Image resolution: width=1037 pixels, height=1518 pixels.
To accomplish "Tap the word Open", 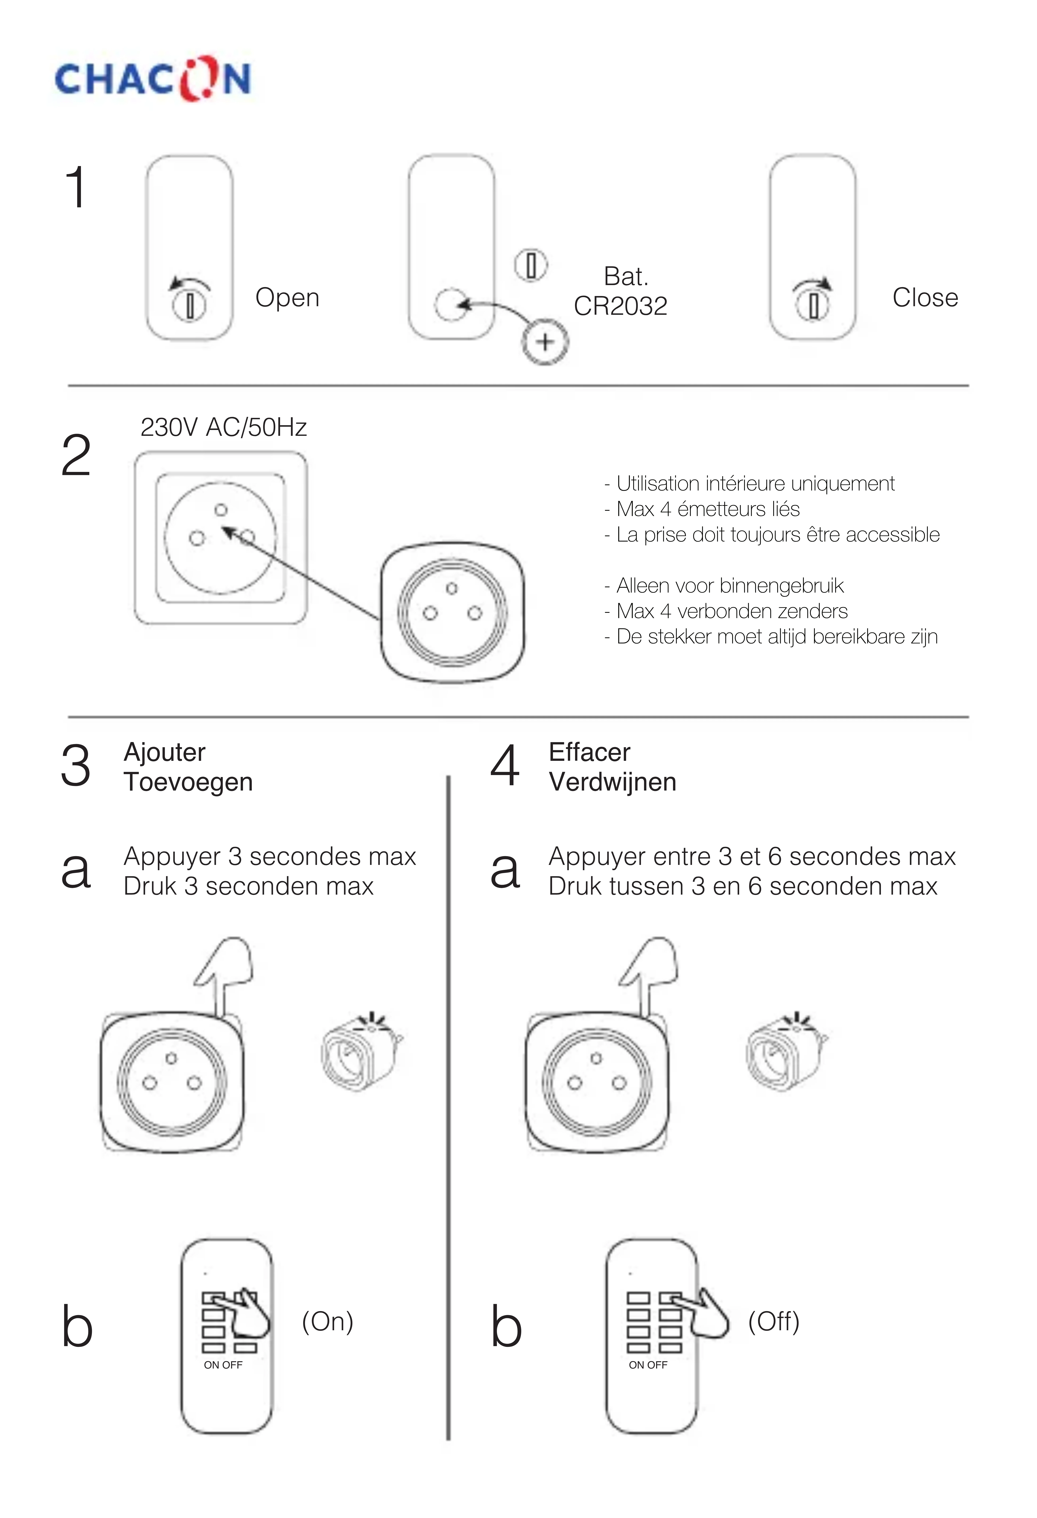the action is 287,298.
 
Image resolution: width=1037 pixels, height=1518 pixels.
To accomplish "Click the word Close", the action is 925,298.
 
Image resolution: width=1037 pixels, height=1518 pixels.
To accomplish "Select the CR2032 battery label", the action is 620,306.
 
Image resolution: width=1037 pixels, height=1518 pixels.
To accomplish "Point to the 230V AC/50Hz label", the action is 224,427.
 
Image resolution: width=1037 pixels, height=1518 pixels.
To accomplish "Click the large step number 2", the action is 76,456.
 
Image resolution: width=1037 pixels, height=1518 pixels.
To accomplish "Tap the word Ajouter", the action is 165,752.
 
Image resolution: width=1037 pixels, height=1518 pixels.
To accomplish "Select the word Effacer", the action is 589,752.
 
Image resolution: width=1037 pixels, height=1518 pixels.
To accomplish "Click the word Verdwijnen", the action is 612,782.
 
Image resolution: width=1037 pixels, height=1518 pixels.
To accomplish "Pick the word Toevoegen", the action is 188,782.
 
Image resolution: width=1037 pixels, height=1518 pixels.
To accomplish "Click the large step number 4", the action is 505,766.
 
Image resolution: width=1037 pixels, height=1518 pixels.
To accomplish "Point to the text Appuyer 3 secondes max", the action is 269,856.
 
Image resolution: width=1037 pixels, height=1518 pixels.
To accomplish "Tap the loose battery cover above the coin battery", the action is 531,265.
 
